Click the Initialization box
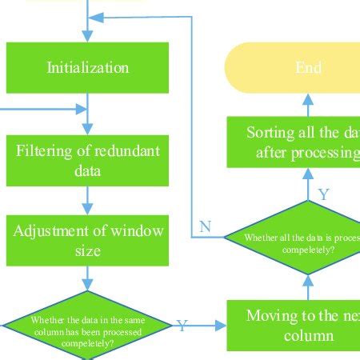click(88, 67)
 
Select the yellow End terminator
click(307, 68)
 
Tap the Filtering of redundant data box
click(88, 158)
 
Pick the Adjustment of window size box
click(88, 241)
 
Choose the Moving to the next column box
click(293, 325)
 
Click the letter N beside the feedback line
click(206, 227)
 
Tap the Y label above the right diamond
click(324, 194)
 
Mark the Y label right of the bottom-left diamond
click(182, 326)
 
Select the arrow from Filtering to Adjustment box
click(88, 199)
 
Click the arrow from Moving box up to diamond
click(308, 286)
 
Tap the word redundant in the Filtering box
click(130, 150)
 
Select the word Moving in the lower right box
click(270, 315)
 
